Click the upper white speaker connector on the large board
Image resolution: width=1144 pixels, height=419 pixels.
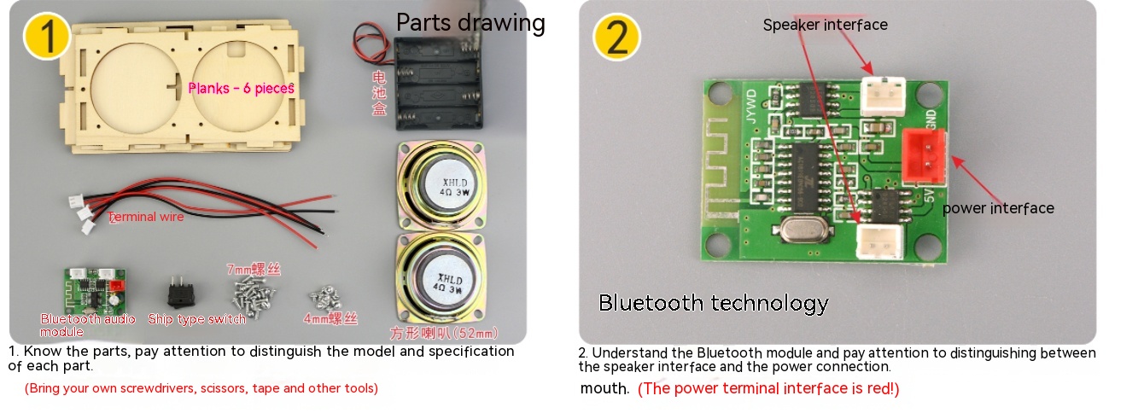883,95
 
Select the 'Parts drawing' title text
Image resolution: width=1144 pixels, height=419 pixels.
470,22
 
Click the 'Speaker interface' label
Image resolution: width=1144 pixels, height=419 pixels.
825,25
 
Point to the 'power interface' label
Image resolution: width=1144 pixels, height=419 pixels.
998,208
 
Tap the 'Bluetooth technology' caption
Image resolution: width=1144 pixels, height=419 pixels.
713,303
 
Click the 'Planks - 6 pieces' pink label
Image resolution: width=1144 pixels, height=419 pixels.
241,88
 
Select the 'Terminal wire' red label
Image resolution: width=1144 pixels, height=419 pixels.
146,217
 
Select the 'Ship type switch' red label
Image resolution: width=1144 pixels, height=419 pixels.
196,319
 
